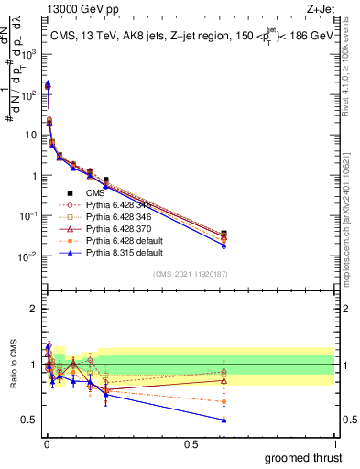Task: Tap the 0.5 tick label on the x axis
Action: click(191, 443)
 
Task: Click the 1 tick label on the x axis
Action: click(334, 443)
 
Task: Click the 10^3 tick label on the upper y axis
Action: click(29, 53)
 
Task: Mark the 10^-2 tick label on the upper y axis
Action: click(29, 256)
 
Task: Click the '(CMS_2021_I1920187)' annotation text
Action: click(190, 275)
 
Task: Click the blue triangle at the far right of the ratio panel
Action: click(224, 420)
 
